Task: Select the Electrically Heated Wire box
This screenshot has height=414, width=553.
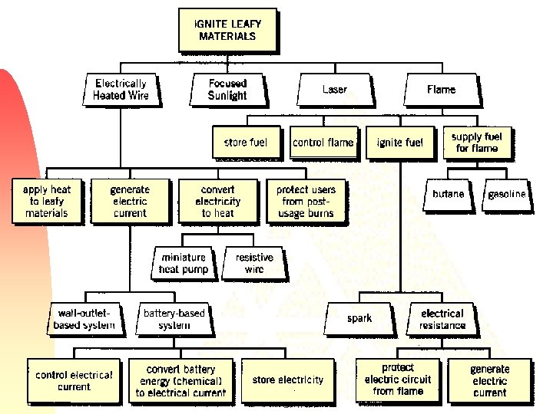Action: click(x=121, y=90)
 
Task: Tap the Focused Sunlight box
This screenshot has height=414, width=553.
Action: click(x=227, y=90)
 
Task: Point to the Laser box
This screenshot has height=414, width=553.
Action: click(x=335, y=90)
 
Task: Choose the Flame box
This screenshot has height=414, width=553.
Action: click(x=441, y=90)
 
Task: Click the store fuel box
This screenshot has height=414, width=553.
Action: click(x=246, y=143)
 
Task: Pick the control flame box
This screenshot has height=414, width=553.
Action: click(x=323, y=143)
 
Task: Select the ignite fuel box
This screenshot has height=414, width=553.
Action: click(x=399, y=143)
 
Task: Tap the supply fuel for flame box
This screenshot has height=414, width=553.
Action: click(x=477, y=143)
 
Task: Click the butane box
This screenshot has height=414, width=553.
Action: click(x=449, y=194)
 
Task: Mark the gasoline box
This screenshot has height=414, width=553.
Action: click(x=507, y=194)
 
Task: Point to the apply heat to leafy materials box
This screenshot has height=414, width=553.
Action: click(x=47, y=201)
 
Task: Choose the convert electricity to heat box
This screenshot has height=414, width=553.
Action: click(x=218, y=201)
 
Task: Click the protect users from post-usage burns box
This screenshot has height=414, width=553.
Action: click(x=306, y=201)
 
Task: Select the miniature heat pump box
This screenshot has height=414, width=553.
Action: click(x=184, y=264)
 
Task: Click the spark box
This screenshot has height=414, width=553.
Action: click(x=359, y=319)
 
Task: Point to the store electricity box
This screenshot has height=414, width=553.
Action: click(x=288, y=379)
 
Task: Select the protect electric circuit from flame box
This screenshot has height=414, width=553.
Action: click(x=398, y=379)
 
